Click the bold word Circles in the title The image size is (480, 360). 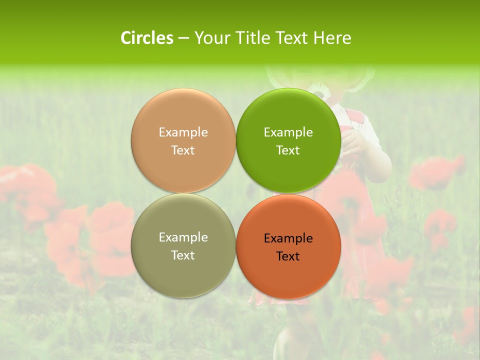coord(147,38)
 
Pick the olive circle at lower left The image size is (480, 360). coord(183,270)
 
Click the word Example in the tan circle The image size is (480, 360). coord(183,132)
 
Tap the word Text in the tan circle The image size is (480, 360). coord(183,150)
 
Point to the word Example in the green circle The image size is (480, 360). coord(288,132)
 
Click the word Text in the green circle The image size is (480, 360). coord(288,150)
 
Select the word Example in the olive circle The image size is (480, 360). coord(183,237)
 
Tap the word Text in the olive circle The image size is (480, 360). coord(183,255)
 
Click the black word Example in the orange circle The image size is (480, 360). coord(288,238)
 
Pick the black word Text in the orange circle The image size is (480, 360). coord(288,256)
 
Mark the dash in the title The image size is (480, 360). coord(183,38)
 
